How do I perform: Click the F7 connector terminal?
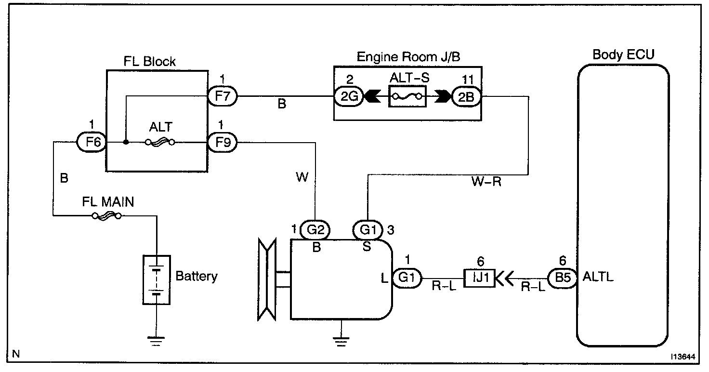click(223, 96)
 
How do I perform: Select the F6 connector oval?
click(92, 142)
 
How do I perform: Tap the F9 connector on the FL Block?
click(223, 143)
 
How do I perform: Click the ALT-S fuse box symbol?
click(407, 96)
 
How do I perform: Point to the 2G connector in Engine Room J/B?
click(349, 96)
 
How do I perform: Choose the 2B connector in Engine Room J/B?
click(466, 96)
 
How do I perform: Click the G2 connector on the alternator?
click(315, 230)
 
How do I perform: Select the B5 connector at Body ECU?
click(563, 278)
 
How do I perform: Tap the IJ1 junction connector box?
click(479, 278)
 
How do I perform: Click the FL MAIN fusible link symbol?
click(106, 216)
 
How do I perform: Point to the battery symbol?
click(157, 280)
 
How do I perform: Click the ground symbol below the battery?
click(156, 341)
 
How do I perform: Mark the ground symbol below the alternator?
click(341, 342)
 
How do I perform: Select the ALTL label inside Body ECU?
click(598, 277)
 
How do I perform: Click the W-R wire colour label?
click(486, 182)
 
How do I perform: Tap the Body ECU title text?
click(623, 54)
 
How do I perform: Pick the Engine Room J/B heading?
click(408, 57)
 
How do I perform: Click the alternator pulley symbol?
click(267, 279)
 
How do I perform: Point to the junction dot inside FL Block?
click(126, 142)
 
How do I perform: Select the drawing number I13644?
click(683, 357)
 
